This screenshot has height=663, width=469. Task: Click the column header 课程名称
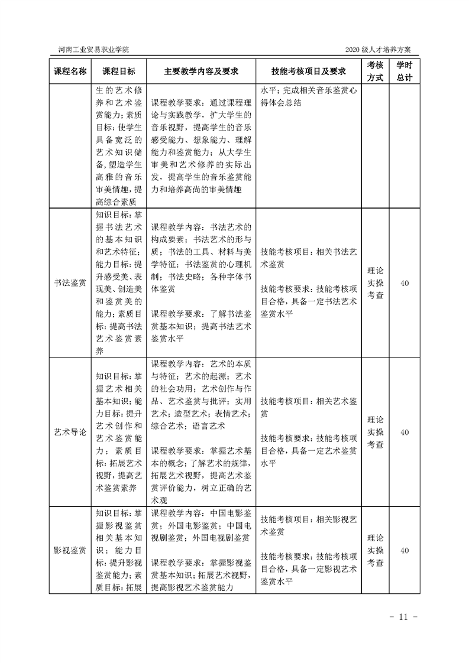(x=70, y=71)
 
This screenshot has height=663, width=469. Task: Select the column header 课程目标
(x=118, y=71)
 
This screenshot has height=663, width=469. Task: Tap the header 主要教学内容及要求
(x=201, y=71)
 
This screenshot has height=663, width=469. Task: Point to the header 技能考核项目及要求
(x=308, y=71)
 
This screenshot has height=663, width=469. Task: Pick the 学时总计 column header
(x=405, y=71)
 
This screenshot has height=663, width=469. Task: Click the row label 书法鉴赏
(x=70, y=283)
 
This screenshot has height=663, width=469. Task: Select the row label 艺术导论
(x=70, y=432)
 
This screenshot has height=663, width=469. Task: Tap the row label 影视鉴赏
(x=70, y=550)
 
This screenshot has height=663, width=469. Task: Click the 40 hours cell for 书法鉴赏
(x=405, y=283)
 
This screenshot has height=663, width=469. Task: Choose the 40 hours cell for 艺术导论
(x=405, y=432)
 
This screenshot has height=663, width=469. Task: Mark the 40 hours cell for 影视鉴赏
(x=405, y=550)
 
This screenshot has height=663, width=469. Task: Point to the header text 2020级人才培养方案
(x=380, y=49)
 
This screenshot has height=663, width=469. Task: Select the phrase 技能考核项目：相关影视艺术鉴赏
(x=308, y=525)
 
